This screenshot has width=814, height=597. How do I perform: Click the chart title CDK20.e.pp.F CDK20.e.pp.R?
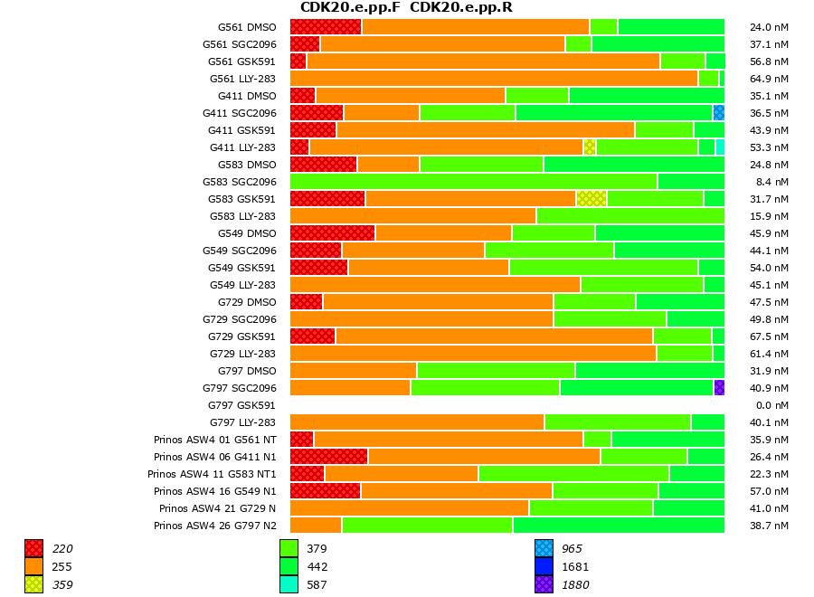406,8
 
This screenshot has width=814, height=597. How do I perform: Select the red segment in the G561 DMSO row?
326,27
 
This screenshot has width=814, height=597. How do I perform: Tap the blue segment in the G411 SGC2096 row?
719,113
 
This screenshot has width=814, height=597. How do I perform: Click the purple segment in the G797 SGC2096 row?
719,388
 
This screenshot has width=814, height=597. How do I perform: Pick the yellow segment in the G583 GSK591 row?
592,199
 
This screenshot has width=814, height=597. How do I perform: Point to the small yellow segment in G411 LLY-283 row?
590,147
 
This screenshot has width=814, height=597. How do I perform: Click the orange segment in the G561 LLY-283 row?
494,79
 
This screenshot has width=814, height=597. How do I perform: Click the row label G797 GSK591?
241,405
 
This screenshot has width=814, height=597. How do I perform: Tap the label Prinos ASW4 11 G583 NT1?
212,474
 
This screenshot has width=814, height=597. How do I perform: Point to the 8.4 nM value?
770,182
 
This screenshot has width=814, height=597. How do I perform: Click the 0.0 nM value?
770,405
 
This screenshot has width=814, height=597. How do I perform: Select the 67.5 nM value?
770,336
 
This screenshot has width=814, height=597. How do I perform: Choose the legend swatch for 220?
33,548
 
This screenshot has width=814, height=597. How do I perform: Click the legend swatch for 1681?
544,566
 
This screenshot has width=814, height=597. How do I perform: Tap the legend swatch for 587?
289,584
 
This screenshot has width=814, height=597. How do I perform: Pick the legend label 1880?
574,585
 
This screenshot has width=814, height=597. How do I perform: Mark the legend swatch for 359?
33,584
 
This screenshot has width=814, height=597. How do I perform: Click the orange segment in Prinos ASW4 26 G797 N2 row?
316,526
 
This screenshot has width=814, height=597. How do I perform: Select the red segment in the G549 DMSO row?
332,233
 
